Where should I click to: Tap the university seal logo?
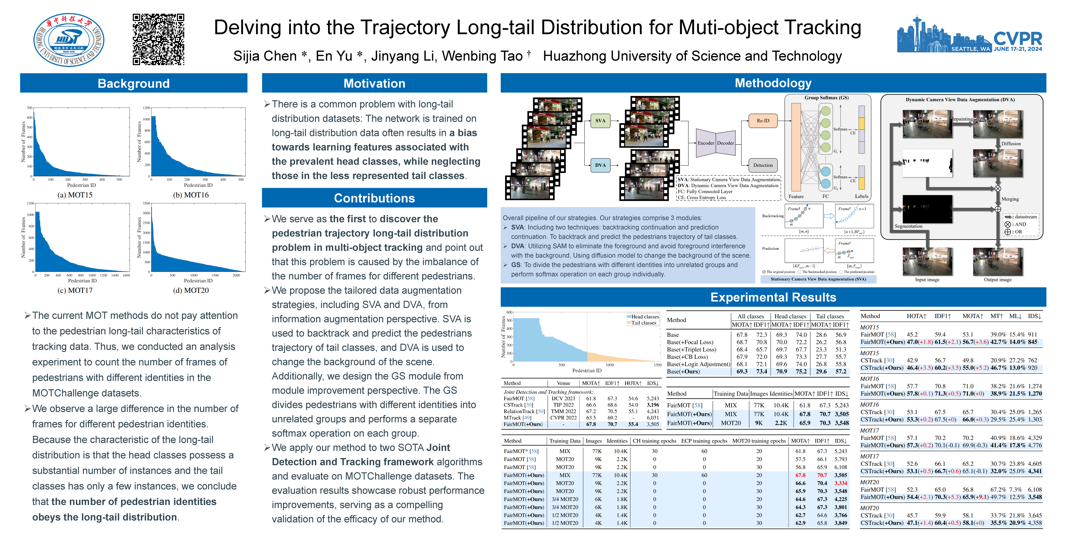69,40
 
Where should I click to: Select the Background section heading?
133,83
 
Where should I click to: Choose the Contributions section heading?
374,198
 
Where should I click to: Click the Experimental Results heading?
773,297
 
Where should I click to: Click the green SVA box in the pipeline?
600,121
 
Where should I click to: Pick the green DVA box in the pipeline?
600,165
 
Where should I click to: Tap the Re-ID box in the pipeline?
763,121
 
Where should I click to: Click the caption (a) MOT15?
75,195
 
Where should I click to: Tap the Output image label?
998,280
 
